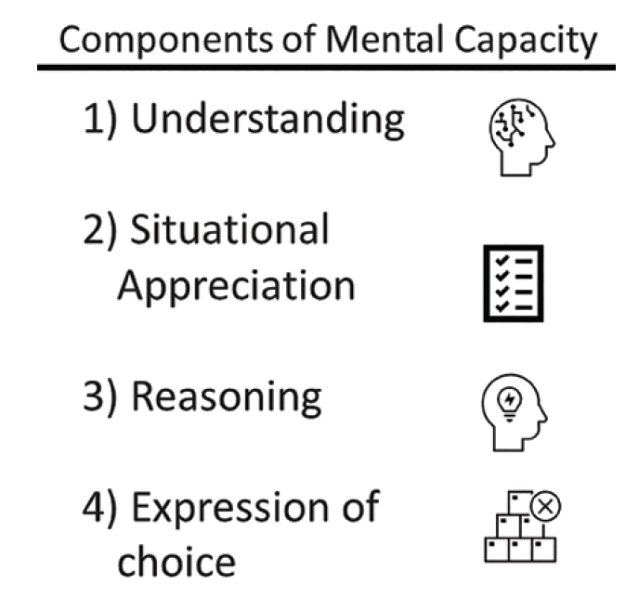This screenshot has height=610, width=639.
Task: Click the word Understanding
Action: (268, 121)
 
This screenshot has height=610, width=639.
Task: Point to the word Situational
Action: (229, 229)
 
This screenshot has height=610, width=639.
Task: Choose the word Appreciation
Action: (237, 285)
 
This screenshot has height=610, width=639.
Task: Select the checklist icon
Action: (513, 283)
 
